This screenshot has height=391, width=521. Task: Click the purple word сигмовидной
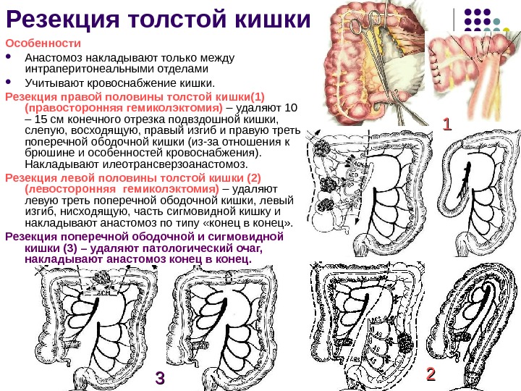tap(249, 236)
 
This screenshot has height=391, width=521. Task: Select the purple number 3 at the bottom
tap(160, 378)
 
